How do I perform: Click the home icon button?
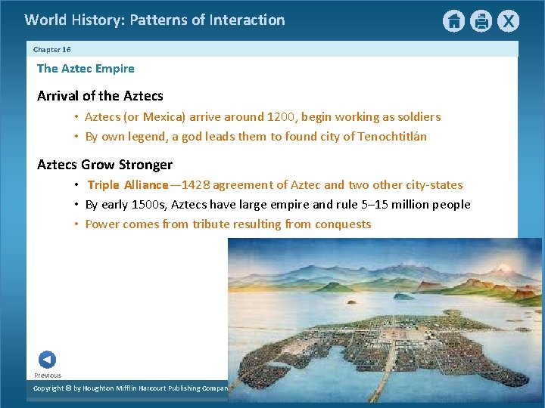pyautogui.click(x=453, y=21)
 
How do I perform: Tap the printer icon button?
pyautogui.click(x=481, y=21)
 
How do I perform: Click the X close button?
pyautogui.click(x=508, y=21)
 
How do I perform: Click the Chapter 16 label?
pyautogui.click(x=52, y=49)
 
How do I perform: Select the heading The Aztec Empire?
pyautogui.click(x=86, y=69)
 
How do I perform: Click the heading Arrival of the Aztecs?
pyautogui.click(x=100, y=96)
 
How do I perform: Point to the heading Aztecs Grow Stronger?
pyautogui.click(x=104, y=165)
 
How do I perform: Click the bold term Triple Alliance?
pyautogui.click(x=128, y=185)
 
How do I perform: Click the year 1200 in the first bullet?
pyautogui.click(x=281, y=117)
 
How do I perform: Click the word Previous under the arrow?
pyautogui.click(x=48, y=376)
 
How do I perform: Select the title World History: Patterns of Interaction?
pyautogui.click(x=154, y=20)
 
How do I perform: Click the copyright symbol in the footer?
pyautogui.click(x=67, y=388)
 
